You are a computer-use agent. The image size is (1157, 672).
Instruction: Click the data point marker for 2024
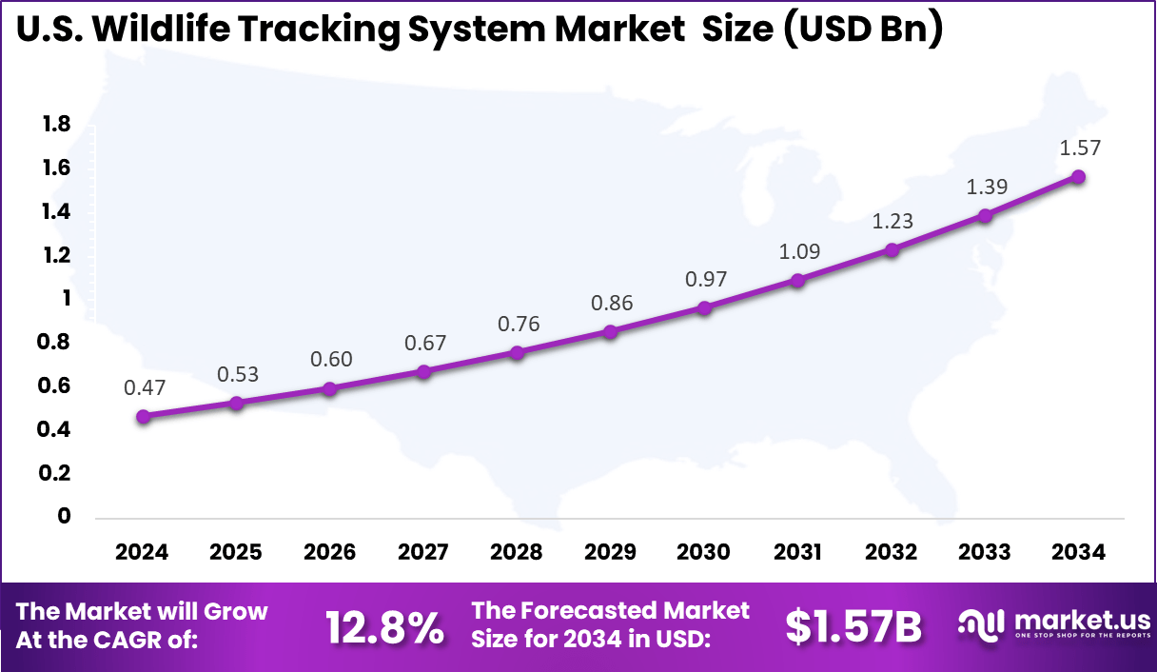(x=143, y=416)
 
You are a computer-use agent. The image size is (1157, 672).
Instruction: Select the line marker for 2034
(x=1078, y=176)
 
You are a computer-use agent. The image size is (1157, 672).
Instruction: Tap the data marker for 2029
(x=611, y=331)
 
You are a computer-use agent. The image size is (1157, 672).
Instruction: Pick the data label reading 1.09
(x=798, y=251)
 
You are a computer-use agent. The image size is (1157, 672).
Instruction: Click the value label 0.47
(x=144, y=387)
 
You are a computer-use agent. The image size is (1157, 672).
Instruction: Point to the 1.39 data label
(x=987, y=187)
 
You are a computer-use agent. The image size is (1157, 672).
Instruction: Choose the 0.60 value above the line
(x=331, y=359)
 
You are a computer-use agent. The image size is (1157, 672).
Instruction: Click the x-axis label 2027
(x=423, y=552)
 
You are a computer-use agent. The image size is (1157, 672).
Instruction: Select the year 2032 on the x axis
(x=892, y=552)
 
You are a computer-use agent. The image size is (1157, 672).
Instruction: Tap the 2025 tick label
(x=236, y=552)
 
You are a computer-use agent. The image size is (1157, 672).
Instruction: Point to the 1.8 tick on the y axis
(x=56, y=124)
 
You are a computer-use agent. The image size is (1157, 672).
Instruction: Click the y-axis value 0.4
(x=56, y=429)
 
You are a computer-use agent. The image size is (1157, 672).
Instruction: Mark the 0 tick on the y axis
(x=65, y=516)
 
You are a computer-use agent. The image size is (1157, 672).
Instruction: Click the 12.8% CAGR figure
(x=384, y=626)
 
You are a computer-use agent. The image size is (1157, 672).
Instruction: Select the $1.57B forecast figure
(x=853, y=626)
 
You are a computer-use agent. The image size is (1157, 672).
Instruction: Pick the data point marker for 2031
(x=798, y=280)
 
